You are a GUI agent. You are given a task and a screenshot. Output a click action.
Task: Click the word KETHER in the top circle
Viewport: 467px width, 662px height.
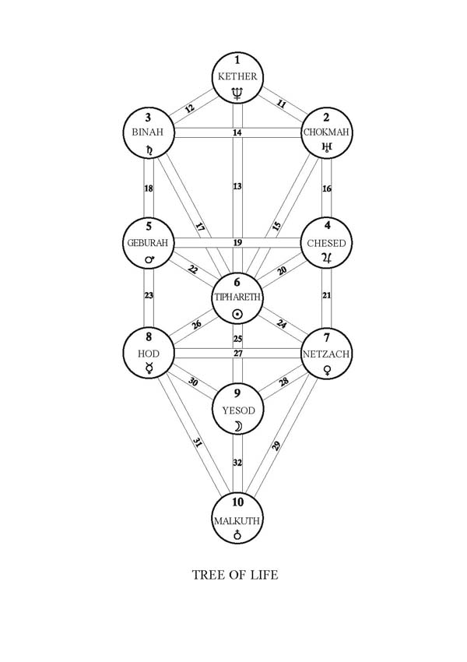click(238, 76)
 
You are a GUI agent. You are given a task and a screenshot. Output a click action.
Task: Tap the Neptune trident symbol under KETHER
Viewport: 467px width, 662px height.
click(238, 94)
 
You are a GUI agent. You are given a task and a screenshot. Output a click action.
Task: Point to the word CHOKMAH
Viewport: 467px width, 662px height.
click(328, 133)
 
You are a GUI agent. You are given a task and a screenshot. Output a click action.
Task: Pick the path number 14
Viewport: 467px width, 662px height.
click(237, 134)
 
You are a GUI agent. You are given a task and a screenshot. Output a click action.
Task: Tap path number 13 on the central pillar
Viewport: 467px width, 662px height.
click(237, 187)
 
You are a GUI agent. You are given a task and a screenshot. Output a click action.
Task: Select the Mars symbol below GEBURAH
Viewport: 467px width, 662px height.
click(147, 259)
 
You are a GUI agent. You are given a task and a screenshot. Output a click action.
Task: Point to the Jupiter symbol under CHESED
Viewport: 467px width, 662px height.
click(328, 259)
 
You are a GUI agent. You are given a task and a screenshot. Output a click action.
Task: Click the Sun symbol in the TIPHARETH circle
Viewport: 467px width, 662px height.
click(238, 314)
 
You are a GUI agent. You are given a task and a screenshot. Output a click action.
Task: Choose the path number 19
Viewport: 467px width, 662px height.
click(237, 243)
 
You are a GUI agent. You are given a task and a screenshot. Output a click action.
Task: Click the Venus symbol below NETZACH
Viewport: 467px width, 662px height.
click(328, 371)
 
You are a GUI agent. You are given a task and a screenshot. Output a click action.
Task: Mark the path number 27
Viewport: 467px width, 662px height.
click(237, 354)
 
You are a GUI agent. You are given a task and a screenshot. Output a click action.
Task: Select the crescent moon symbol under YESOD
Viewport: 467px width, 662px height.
click(238, 425)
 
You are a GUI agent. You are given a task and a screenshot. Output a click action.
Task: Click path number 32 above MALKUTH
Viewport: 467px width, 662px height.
click(237, 462)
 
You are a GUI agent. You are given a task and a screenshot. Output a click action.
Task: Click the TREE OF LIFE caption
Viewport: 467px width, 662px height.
click(235, 576)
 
